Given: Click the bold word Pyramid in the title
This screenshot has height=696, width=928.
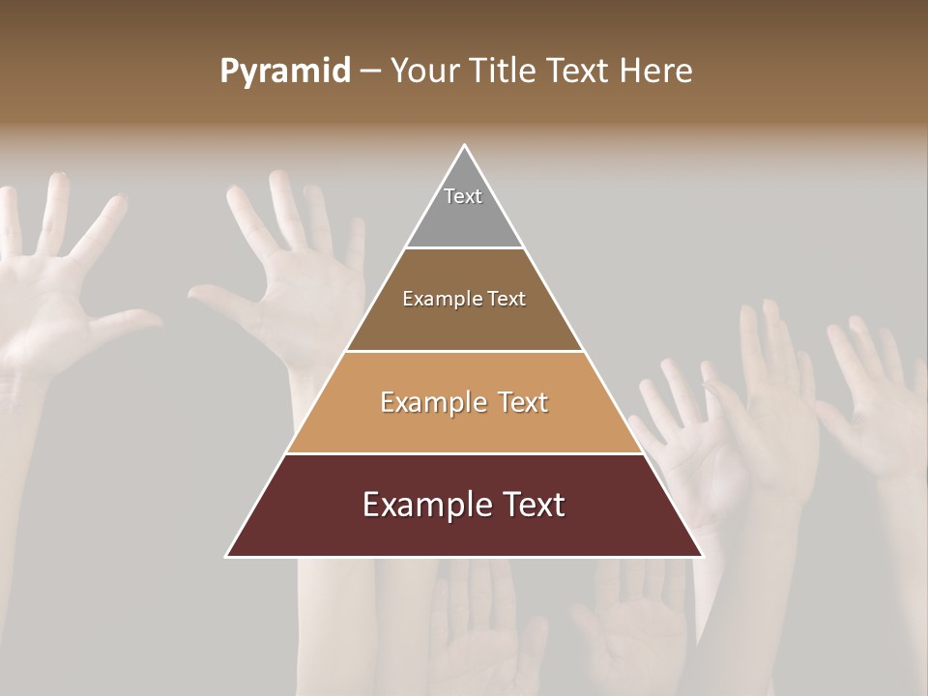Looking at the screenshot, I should click(285, 72).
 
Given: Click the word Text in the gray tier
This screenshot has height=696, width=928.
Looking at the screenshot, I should click(463, 196).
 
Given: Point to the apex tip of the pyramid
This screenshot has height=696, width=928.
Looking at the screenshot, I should click(465, 147).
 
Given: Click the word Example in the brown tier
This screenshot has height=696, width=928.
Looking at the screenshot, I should click(440, 299).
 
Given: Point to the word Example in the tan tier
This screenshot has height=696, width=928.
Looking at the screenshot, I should click(431, 402).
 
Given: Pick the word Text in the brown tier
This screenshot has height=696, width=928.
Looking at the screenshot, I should click(504, 299).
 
